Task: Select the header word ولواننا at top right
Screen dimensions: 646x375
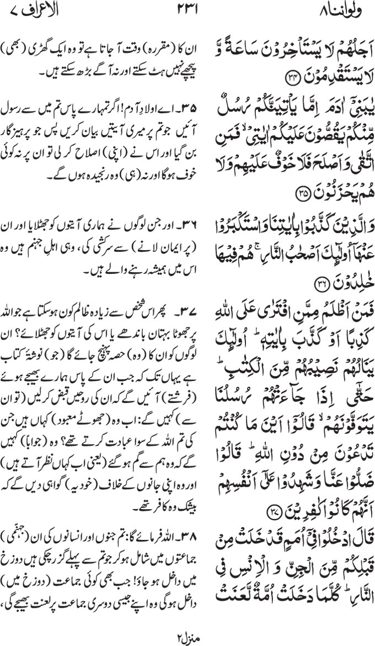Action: click(x=340, y=10)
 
